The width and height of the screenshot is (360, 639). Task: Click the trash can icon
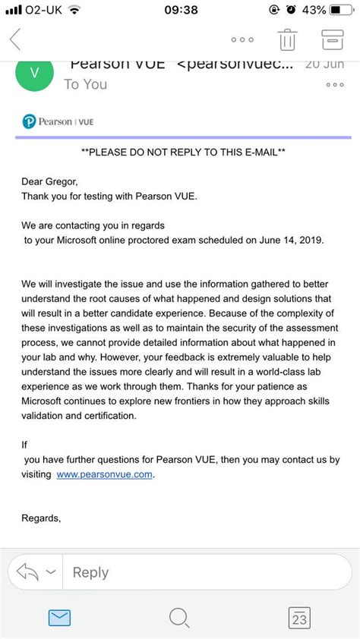click(x=287, y=39)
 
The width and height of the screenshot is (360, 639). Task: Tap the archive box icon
click(x=332, y=39)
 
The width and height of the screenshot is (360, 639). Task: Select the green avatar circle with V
click(x=33, y=74)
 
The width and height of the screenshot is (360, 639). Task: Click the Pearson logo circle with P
click(x=30, y=121)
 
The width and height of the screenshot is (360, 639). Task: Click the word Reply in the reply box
click(x=90, y=572)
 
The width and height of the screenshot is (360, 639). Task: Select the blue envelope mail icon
click(x=59, y=618)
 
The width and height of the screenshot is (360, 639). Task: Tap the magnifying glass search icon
click(x=179, y=618)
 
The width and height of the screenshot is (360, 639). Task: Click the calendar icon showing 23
click(x=299, y=618)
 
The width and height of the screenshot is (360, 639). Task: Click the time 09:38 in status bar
click(x=180, y=10)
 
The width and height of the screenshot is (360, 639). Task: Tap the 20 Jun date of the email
click(x=324, y=65)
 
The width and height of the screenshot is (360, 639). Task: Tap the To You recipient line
click(x=86, y=84)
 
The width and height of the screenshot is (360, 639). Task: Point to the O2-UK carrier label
click(x=45, y=10)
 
